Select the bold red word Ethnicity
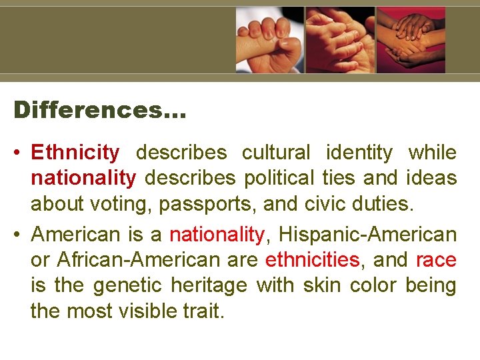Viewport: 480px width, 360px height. point(75,153)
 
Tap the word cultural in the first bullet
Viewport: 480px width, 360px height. point(275,153)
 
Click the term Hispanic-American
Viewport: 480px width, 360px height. point(367,235)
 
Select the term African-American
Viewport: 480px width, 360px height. point(138,260)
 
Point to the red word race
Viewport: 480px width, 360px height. point(435,260)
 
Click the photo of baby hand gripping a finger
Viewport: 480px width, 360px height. point(270,39)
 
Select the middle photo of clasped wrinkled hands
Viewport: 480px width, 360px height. point(340,39)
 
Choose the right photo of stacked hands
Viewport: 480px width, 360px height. point(411,39)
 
